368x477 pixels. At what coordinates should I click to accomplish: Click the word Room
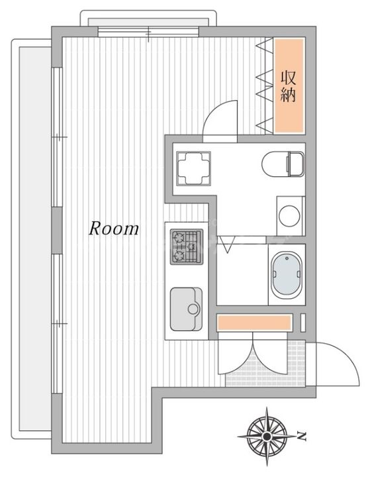[114, 229]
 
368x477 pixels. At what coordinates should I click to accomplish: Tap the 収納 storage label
[288, 86]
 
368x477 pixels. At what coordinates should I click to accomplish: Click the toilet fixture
[283, 164]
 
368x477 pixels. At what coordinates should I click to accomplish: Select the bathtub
[287, 274]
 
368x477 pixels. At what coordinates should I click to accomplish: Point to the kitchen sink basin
[186, 309]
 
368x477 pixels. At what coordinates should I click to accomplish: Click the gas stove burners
[186, 246]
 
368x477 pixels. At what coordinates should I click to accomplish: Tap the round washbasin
[289, 216]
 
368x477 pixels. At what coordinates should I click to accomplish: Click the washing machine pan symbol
[193, 168]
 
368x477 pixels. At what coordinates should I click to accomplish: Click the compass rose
[267, 437]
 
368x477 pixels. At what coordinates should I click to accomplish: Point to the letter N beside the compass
[301, 436]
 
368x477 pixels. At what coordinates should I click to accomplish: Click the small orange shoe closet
[254, 323]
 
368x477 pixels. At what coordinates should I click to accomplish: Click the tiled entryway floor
[266, 364]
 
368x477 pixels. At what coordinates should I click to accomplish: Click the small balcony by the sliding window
[148, 19]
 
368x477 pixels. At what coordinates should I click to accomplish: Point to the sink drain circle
[193, 309]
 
